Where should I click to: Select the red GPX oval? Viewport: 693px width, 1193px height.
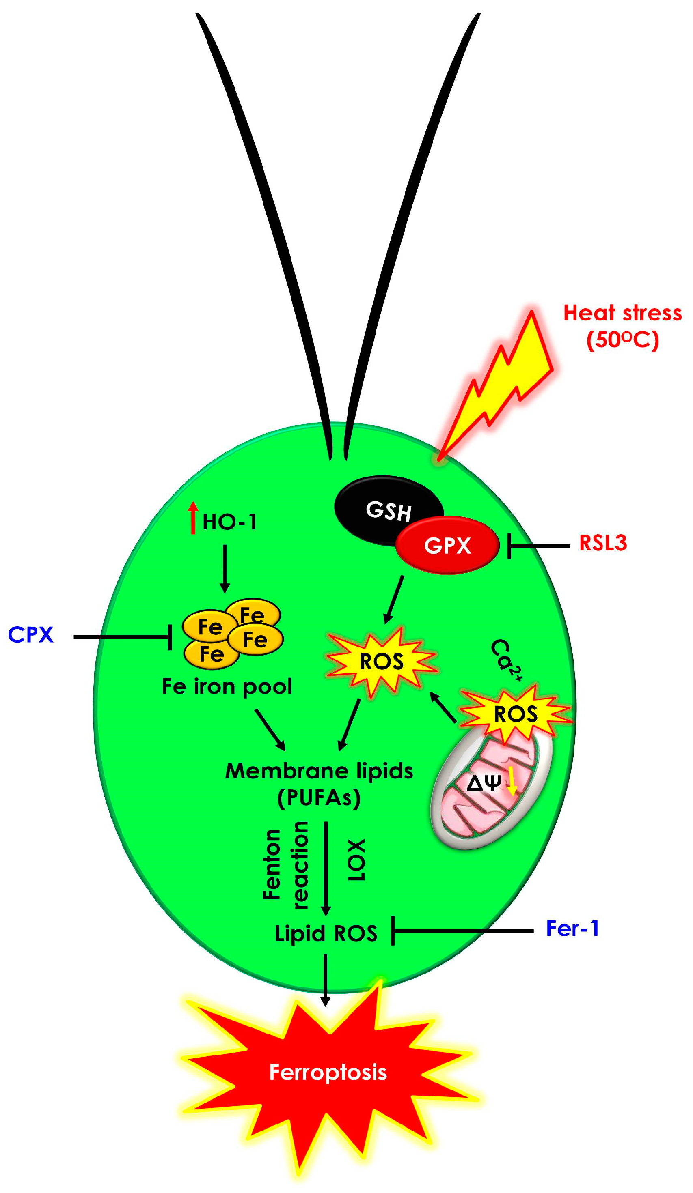pyautogui.click(x=447, y=545)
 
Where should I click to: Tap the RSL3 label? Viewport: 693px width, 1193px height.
pyautogui.click(x=602, y=543)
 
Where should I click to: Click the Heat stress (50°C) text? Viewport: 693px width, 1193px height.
pyautogui.click(x=622, y=327)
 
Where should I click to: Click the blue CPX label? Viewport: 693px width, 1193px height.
pyautogui.click(x=31, y=635)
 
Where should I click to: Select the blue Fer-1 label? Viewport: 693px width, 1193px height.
pyautogui.click(x=572, y=929)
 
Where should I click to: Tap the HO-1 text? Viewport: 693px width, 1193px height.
pyautogui.click(x=230, y=522)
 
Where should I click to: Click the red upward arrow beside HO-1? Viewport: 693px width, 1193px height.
pyautogui.click(x=193, y=518)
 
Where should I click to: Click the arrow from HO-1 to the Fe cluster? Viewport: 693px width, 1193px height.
pyautogui.click(x=225, y=568)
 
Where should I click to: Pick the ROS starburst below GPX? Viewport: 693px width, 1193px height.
pyautogui.click(x=381, y=661)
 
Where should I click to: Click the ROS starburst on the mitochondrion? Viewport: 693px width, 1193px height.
pyautogui.click(x=515, y=714)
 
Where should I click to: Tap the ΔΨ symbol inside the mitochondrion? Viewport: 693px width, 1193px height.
pyautogui.click(x=483, y=783)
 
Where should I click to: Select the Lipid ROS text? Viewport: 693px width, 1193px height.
pyautogui.click(x=326, y=933)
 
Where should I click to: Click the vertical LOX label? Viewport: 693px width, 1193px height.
pyautogui.click(x=356, y=860)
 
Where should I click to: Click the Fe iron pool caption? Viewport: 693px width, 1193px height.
pyautogui.click(x=227, y=687)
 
